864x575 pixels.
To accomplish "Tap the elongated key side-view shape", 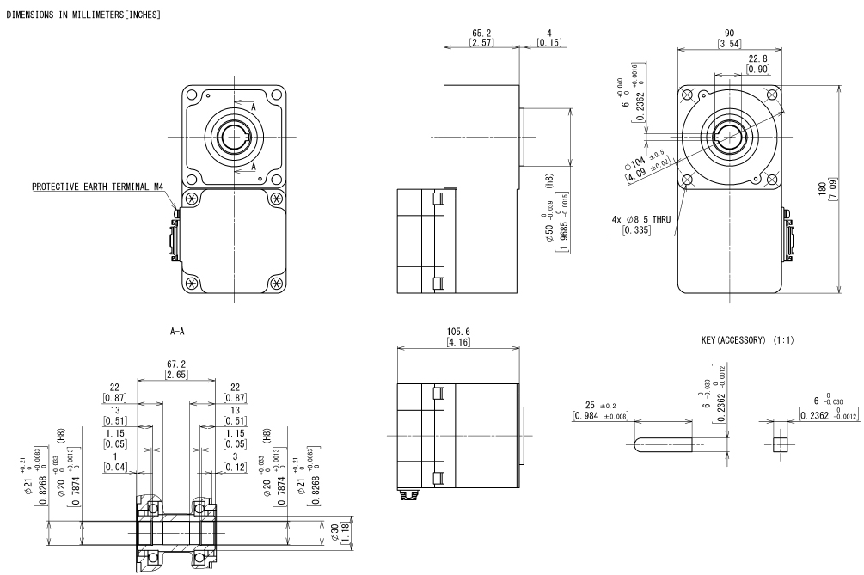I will coord(659,445).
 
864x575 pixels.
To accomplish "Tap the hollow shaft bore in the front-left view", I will coord(232,134).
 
